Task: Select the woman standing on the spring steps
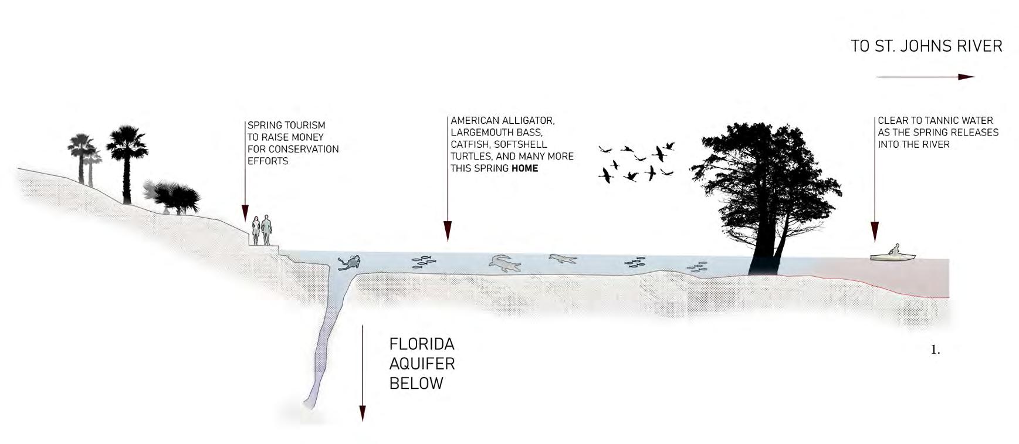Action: (256, 231)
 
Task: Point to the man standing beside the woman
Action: (266, 230)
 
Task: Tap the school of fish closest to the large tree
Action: (696, 268)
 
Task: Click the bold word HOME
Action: (524, 168)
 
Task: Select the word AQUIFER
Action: (422, 364)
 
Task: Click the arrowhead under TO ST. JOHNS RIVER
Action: (966, 77)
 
